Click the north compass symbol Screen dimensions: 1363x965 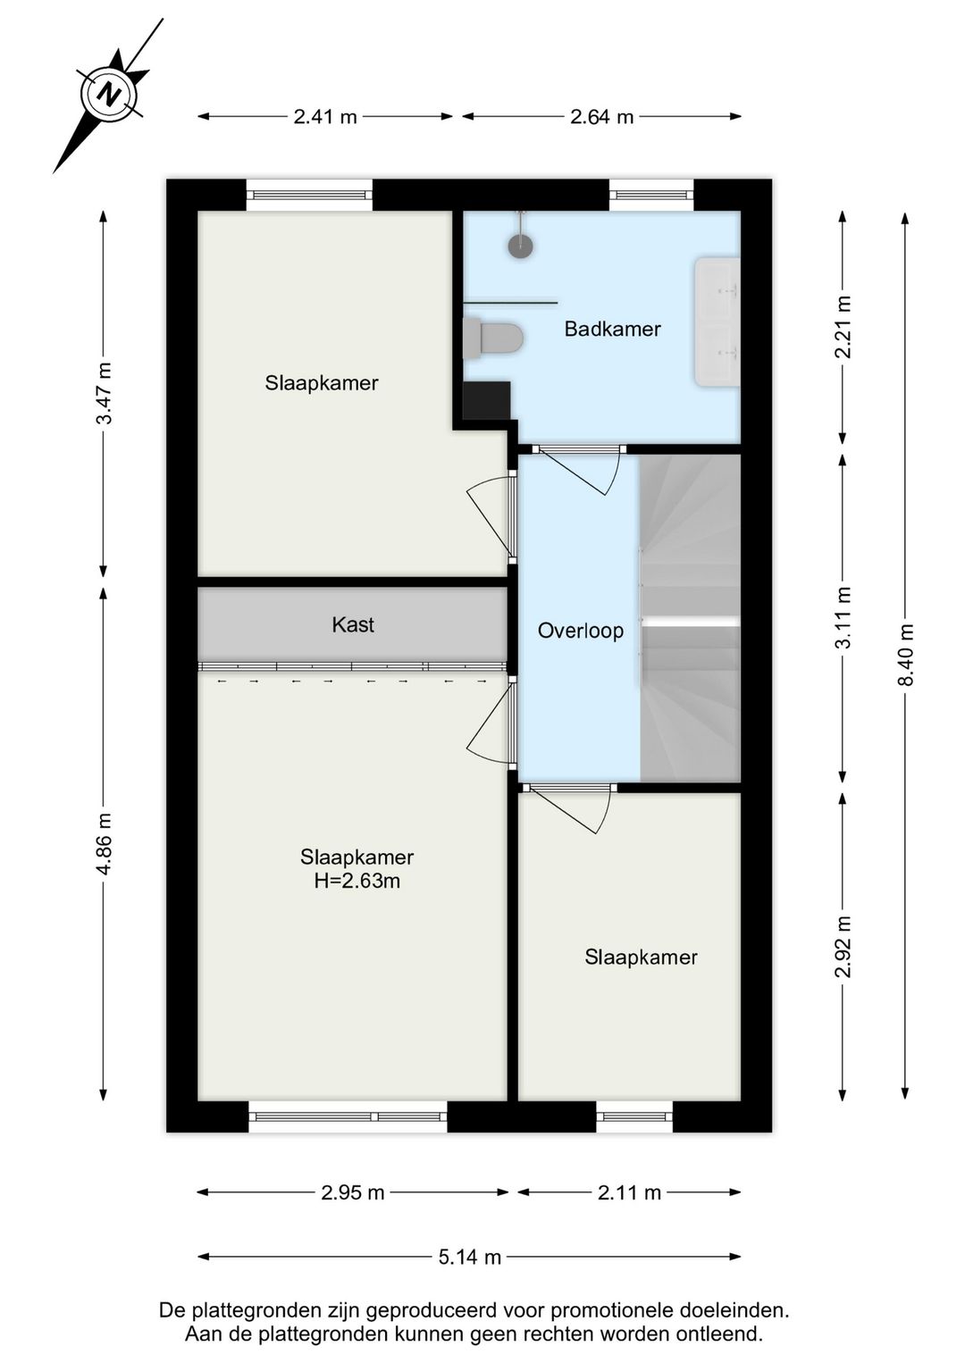click(109, 94)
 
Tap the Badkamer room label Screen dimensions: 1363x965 click(612, 330)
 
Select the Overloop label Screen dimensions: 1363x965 click(580, 631)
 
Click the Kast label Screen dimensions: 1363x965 click(352, 625)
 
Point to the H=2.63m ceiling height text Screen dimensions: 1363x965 click(357, 882)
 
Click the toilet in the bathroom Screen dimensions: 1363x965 click(494, 339)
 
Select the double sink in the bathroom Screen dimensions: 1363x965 click(717, 322)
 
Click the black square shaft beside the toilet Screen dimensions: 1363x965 click(486, 401)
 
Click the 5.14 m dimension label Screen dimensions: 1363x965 click(469, 1258)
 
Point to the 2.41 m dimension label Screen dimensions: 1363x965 click(325, 117)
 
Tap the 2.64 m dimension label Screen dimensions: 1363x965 click(601, 117)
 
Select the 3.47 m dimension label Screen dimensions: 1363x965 click(105, 394)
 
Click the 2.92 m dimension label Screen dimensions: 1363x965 click(843, 947)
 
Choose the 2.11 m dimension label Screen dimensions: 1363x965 click(629, 1193)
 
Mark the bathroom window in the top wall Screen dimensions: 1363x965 click(651, 195)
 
